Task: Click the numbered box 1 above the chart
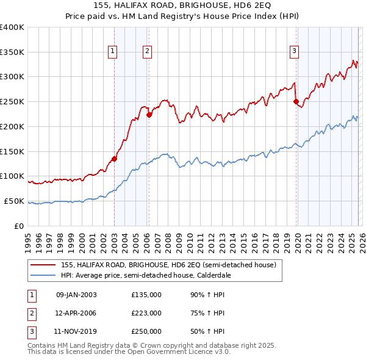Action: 113,52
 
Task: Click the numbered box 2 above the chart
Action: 148,52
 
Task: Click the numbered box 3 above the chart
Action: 294,52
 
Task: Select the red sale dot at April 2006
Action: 149,115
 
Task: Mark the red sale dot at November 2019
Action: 296,102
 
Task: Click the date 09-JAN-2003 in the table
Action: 76,295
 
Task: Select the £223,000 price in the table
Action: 146,313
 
